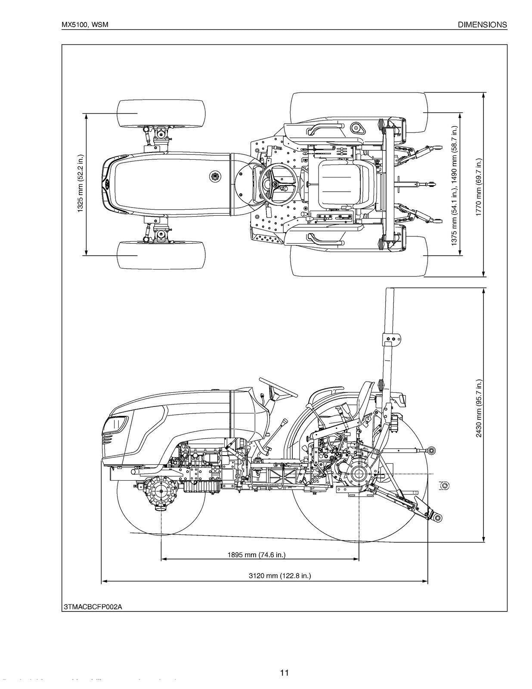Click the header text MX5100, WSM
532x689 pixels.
click(84, 25)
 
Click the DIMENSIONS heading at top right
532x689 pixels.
click(482, 25)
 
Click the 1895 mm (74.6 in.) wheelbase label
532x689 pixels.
click(257, 555)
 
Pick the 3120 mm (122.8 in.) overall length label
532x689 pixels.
click(280, 576)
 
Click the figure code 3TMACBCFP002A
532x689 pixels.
click(93, 607)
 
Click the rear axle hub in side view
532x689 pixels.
click(358, 474)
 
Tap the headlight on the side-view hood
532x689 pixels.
click(115, 425)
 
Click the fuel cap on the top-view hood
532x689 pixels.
click(215, 176)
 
